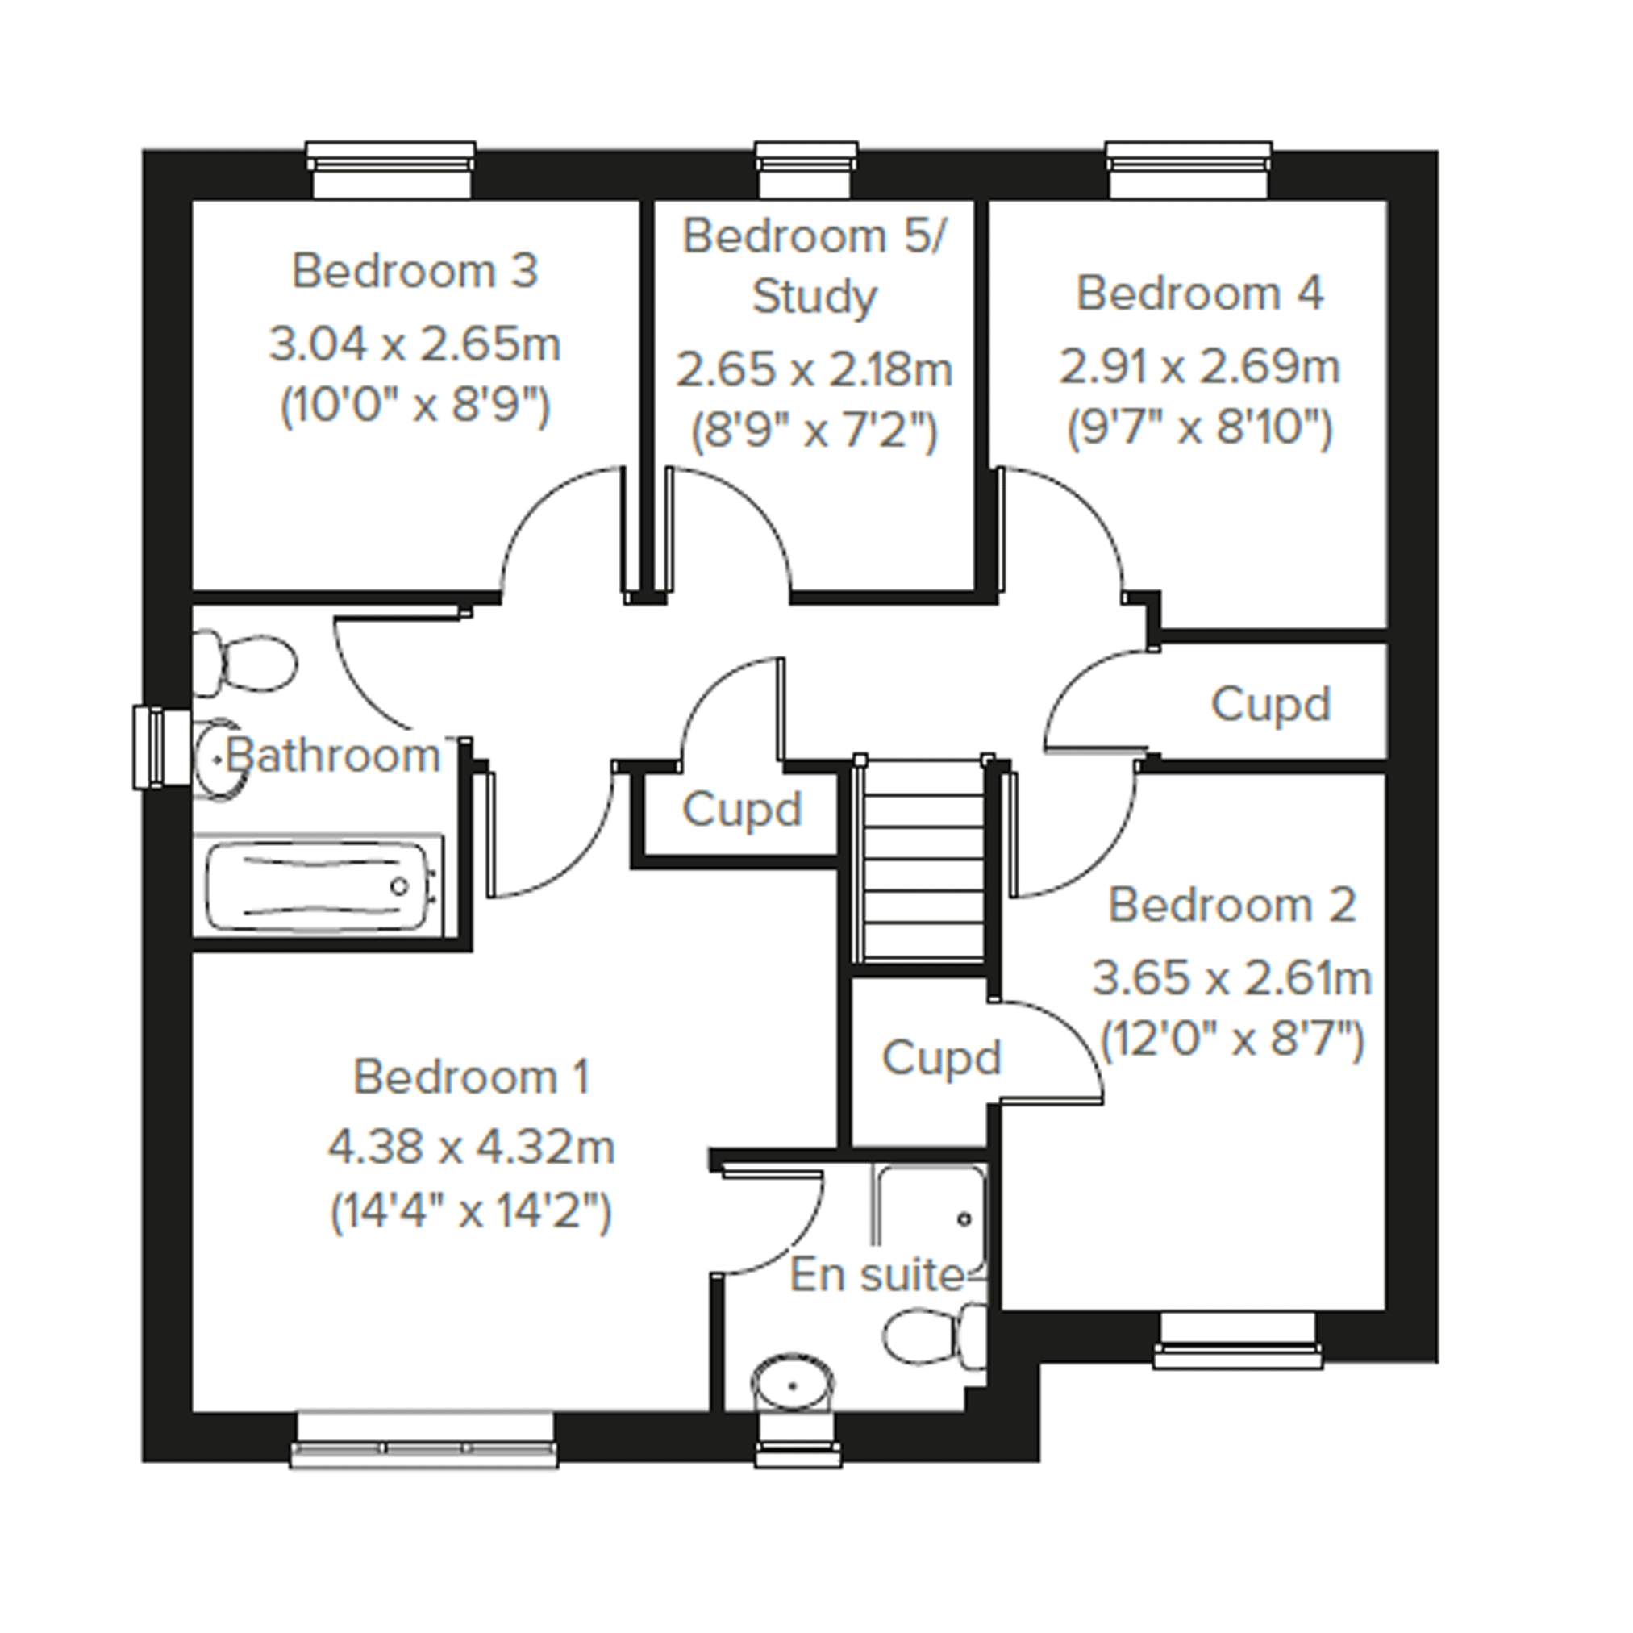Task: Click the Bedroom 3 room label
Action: coord(414,271)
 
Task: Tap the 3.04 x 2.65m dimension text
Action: coord(414,345)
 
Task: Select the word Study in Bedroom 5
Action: coord(814,298)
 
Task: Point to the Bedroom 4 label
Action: coord(1199,294)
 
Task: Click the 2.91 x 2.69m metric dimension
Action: coord(1199,367)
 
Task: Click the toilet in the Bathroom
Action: coord(245,663)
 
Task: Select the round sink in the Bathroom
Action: coord(220,760)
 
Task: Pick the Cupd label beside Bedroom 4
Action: coord(1270,705)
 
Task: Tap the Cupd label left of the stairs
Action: coord(741,810)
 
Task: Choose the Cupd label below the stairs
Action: coord(941,1058)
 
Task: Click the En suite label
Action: coord(877,1276)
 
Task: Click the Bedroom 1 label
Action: coord(471,1077)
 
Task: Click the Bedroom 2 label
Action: coord(1231,906)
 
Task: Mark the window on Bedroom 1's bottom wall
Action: coord(424,1440)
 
